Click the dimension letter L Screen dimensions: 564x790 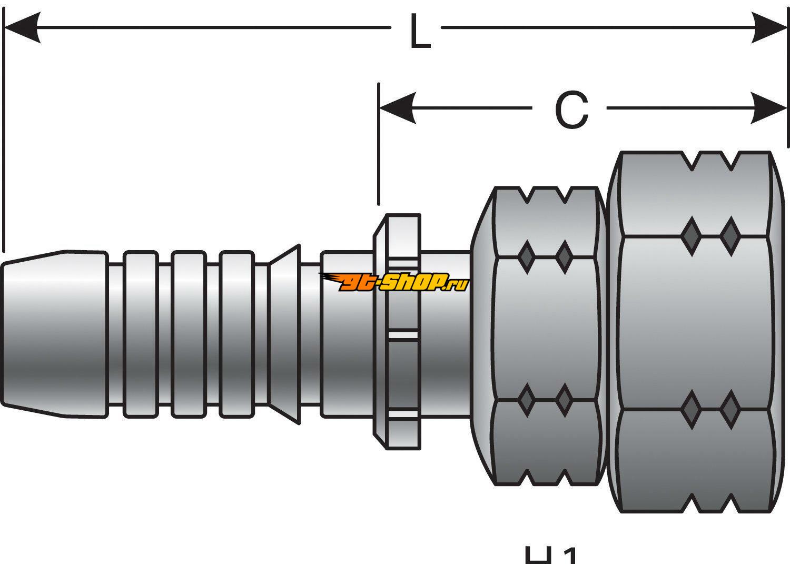420,33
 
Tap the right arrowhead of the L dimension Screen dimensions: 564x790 770,27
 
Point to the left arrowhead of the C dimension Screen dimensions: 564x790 398,108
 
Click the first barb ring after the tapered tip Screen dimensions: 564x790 141,334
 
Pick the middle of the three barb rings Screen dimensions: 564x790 188,334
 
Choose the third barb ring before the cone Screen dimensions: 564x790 238,334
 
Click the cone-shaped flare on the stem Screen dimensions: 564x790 284,334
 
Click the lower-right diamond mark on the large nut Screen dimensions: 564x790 730,410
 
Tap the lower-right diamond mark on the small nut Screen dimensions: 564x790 564,400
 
